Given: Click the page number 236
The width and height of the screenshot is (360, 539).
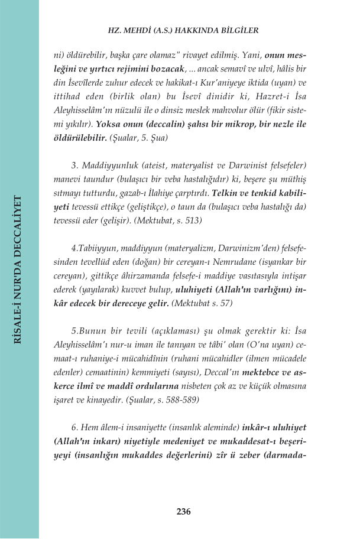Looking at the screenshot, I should (183, 512).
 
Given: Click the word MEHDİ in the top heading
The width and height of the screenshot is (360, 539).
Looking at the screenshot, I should (138, 30).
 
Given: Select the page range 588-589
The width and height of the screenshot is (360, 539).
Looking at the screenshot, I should (181, 399).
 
